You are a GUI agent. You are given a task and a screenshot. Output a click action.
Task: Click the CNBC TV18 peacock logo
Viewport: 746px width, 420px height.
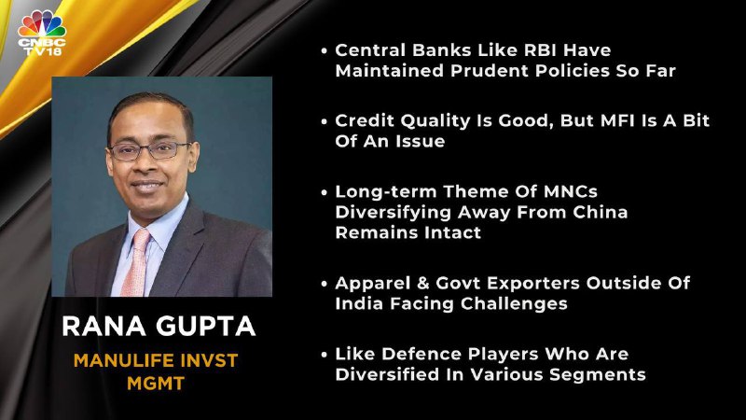[42, 34]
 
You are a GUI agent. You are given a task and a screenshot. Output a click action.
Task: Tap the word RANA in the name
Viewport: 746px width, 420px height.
[104, 326]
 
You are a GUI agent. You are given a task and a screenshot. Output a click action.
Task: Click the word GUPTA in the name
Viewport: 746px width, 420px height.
[205, 326]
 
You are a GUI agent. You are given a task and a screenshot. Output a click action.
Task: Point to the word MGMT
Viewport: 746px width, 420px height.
[156, 384]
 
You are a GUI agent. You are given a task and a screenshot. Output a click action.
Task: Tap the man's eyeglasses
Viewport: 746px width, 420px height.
[149, 151]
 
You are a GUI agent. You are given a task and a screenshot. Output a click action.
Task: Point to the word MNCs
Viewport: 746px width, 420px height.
[571, 191]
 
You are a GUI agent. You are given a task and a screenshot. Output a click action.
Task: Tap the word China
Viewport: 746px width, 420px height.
[600, 212]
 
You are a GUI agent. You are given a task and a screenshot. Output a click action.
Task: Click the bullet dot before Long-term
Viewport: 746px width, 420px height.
[324, 193]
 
